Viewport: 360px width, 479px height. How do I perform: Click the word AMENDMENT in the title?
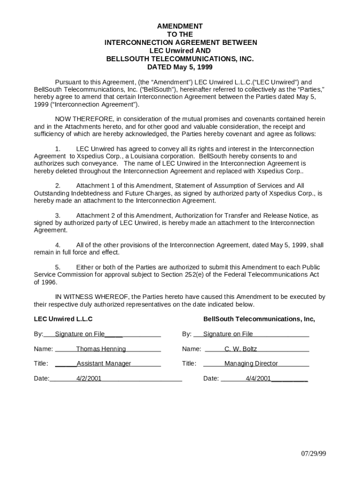coord(180,27)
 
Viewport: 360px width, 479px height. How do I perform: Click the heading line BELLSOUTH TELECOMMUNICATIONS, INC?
coord(180,59)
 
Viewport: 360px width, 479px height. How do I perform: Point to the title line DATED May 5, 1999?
coord(180,67)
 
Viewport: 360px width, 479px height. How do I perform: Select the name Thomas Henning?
coord(101,349)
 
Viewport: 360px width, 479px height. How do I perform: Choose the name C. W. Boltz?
coord(240,349)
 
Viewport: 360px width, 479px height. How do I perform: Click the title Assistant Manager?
coord(104,363)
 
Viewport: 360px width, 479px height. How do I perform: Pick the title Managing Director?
coord(251,363)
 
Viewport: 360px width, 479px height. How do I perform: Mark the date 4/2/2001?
coord(89,378)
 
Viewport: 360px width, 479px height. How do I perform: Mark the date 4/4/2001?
coord(258,378)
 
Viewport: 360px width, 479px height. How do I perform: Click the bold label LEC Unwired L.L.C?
coord(63,319)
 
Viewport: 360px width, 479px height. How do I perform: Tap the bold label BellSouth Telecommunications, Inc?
coord(259,319)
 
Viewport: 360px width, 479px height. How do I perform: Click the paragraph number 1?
coord(58,149)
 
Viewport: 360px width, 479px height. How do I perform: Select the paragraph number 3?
coord(58,216)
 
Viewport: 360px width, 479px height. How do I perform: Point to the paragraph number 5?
coord(58,268)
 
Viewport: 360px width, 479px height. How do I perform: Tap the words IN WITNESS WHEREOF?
coord(92,297)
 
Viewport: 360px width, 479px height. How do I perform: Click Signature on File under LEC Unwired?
coord(79,334)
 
